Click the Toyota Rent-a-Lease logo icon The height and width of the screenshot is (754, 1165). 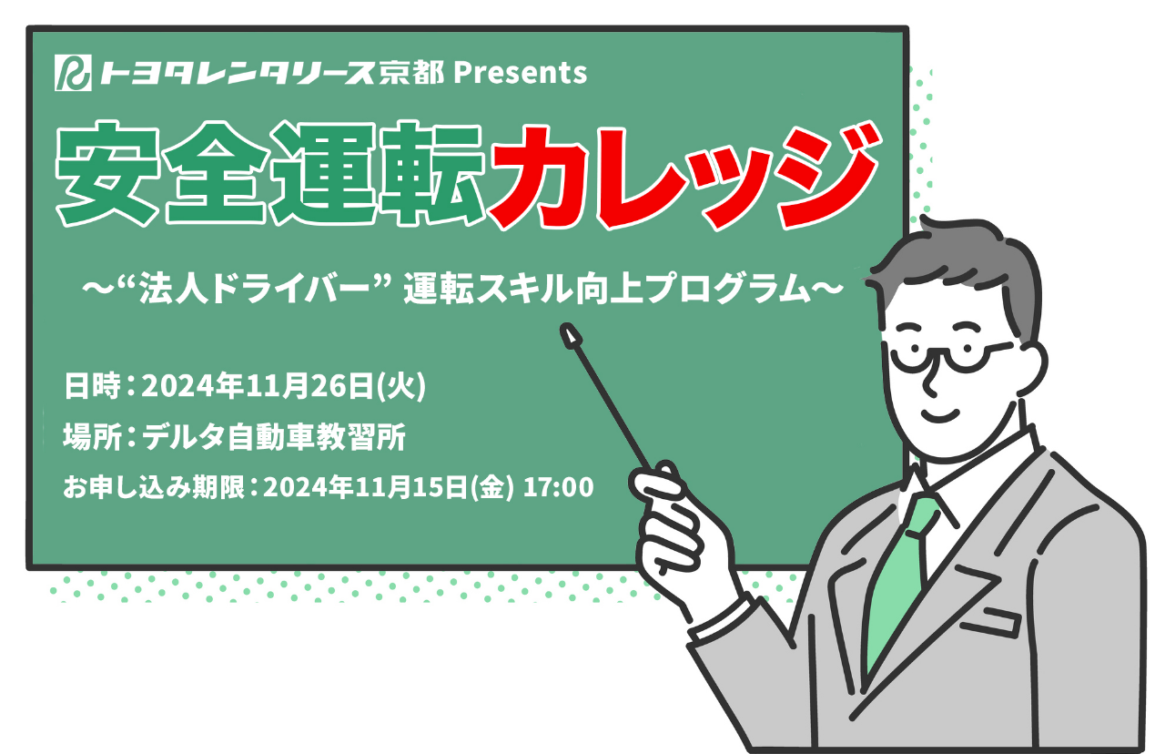tap(73, 72)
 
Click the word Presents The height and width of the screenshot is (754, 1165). tap(521, 73)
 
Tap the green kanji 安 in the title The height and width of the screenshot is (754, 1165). tap(107, 173)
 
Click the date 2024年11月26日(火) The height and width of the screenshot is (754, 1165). tap(284, 386)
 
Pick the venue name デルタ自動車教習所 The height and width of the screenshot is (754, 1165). tap(274, 437)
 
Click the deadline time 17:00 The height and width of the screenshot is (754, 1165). tap(558, 487)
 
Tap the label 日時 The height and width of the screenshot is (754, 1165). tap(92, 386)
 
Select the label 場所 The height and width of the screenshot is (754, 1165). tap(92, 437)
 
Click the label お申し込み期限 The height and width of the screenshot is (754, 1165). tap(154, 487)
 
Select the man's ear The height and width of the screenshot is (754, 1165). tap(1029, 367)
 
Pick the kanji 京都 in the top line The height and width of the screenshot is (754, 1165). tap(411, 73)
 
